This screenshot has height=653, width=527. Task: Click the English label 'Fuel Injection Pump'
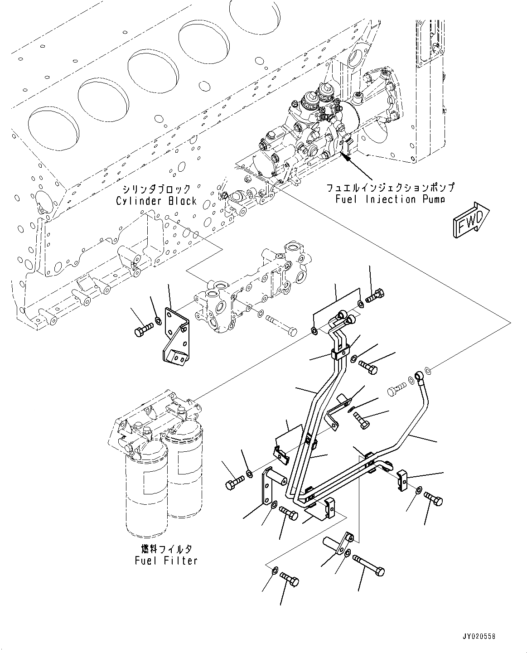pos(390,199)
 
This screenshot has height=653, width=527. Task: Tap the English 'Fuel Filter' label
pos(166,561)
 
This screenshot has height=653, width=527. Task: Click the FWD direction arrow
pos(470,219)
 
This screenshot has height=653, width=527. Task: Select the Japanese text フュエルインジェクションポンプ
pos(390,187)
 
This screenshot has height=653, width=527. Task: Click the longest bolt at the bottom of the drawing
pos(369,565)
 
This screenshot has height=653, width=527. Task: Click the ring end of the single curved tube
pos(419,375)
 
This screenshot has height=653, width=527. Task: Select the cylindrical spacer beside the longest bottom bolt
pos(338,544)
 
